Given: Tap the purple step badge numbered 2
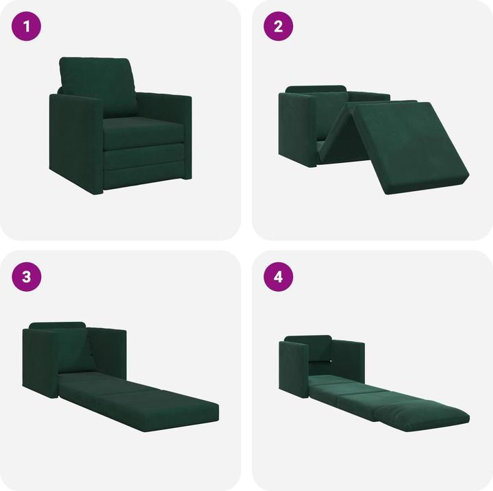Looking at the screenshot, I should (x=279, y=27).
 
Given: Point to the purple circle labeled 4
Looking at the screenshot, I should (x=279, y=277).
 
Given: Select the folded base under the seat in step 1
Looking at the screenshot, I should (x=144, y=161).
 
